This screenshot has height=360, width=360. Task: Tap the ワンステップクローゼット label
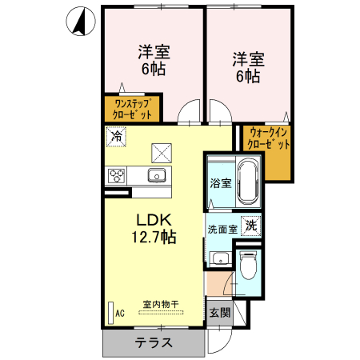tap(133, 109)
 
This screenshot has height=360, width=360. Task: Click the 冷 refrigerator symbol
tap(116, 136)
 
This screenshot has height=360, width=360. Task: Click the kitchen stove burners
tap(114, 175)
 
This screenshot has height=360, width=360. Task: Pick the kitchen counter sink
tap(155, 175)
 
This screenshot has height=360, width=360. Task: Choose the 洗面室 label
tap(222, 228)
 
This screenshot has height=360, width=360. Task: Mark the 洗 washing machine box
tap(251, 226)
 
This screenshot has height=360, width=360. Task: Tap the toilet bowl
tap(248, 264)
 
